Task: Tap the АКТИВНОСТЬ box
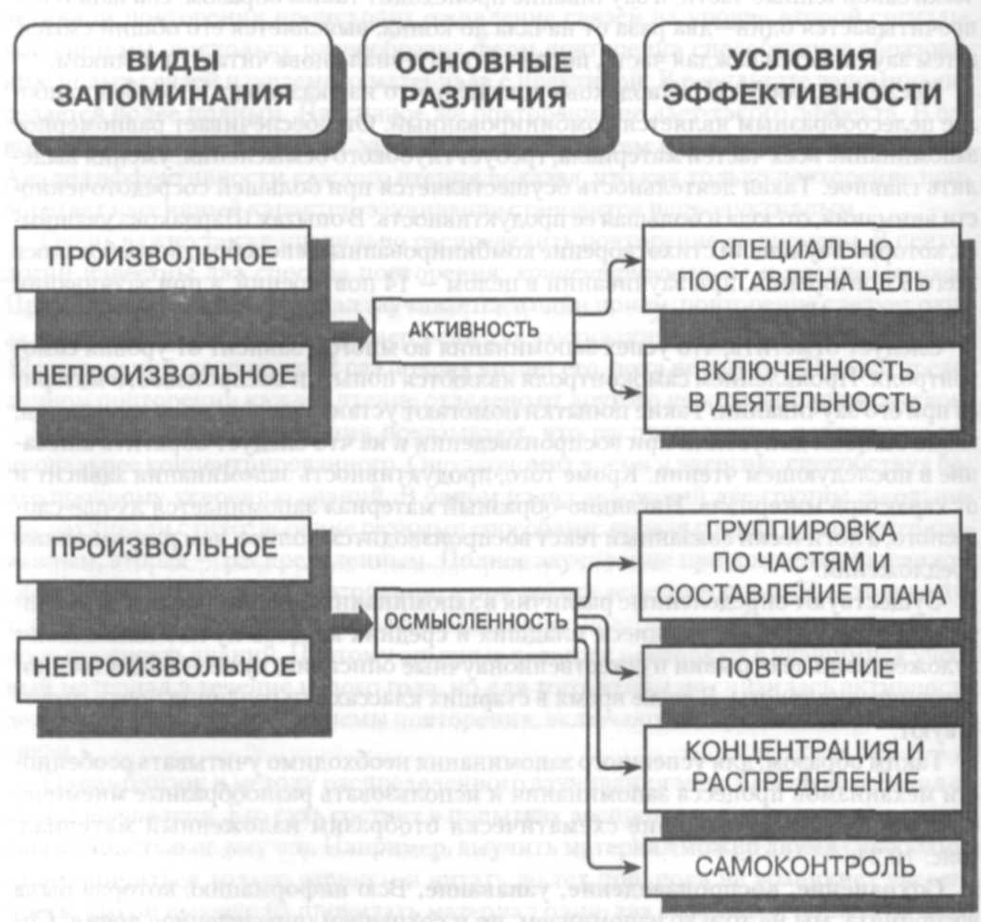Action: click(x=474, y=329)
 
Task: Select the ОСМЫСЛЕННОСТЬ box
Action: click(x=479, y=620)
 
